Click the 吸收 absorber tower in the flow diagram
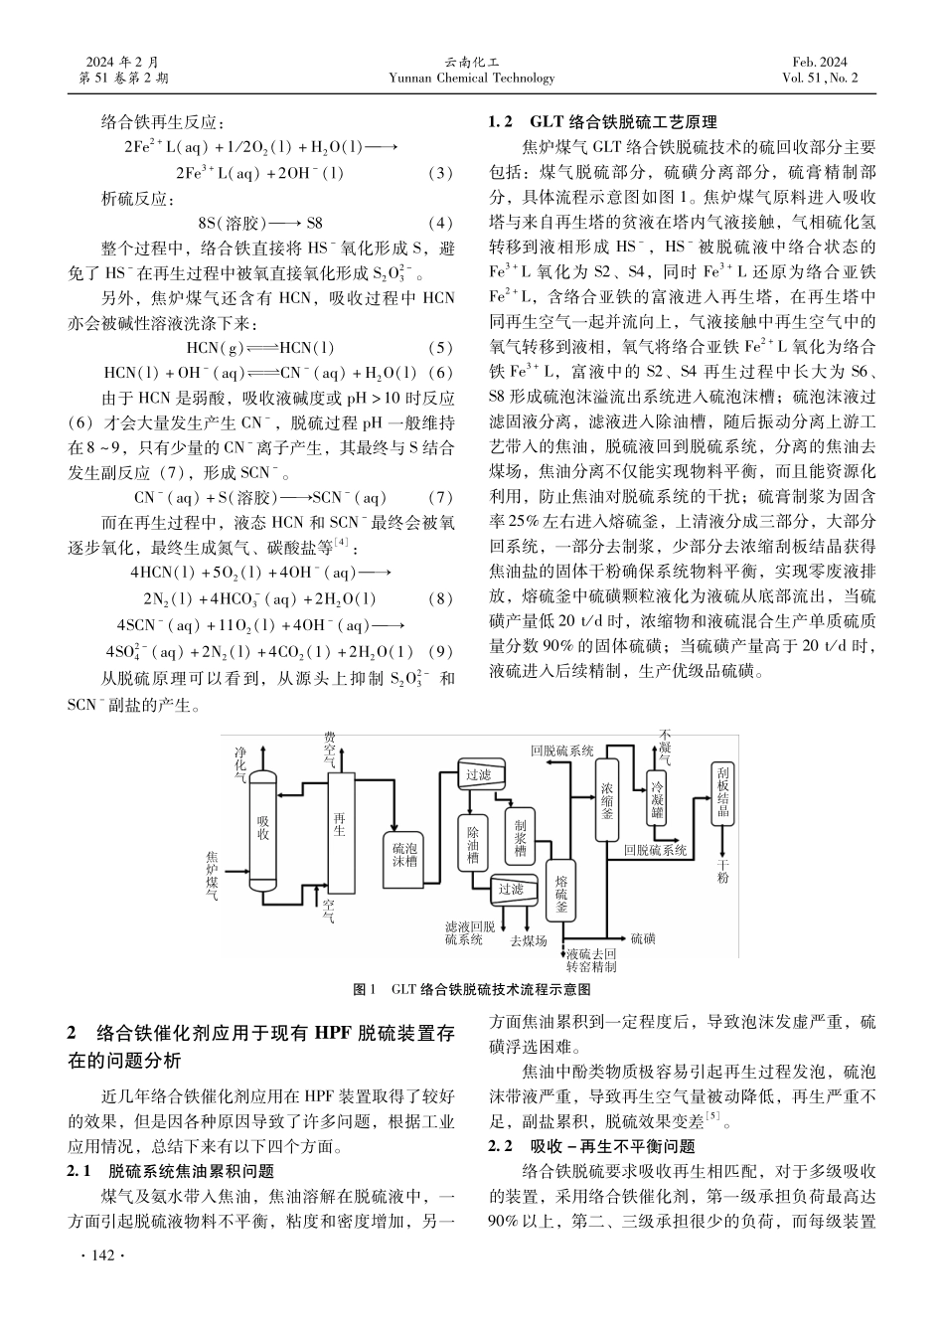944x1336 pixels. click(263, 827)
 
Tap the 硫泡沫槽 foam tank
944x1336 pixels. click(404, 854)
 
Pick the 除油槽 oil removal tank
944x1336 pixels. click(474, 842)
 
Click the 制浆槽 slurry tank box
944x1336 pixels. click(520, 837)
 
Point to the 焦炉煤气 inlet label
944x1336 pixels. click(213, 875)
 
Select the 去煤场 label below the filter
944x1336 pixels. click(528, 939)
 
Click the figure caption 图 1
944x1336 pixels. click(367, 990)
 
